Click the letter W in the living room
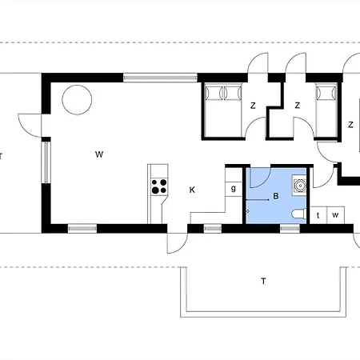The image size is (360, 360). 99,154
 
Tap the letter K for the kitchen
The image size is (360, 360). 192,190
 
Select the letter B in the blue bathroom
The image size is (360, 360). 276,196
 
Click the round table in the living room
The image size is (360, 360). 77,100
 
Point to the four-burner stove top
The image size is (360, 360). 159,186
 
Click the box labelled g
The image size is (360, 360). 234,189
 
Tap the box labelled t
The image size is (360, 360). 318,215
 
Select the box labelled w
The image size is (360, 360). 335,215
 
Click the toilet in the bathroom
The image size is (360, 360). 299,214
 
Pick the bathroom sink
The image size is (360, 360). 299,186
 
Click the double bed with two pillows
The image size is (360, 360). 223,110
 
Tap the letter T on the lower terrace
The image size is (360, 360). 263,281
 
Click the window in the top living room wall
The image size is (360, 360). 160,78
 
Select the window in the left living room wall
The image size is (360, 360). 46,162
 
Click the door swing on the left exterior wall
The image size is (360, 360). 30,126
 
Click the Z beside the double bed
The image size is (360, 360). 253,106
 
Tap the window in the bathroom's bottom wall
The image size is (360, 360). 290,228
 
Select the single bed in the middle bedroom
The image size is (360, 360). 326,111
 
